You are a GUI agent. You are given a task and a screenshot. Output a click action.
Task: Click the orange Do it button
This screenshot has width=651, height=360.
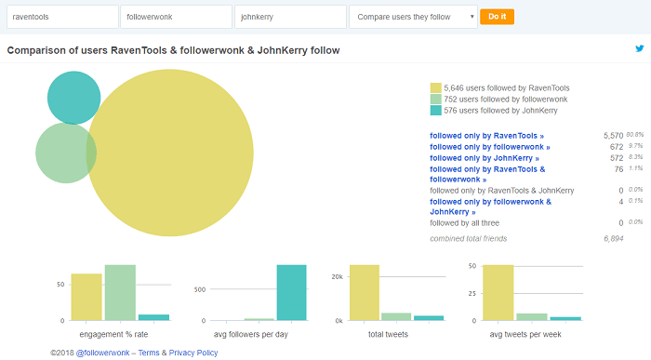tap(497, 17)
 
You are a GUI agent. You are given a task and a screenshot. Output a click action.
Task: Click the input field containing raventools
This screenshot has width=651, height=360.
tap(61, 17)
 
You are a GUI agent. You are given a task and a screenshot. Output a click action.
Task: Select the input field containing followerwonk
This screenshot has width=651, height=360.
tap(176, 17)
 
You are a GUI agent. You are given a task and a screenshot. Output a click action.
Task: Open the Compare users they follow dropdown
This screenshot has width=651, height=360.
tap(413, 17)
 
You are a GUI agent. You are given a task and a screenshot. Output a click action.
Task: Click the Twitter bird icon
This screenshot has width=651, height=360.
tap(639, 48)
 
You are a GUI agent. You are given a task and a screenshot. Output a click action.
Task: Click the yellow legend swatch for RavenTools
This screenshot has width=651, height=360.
tap(435, 87)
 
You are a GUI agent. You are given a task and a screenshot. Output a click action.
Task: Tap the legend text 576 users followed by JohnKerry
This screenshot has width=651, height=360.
tap(500, 111)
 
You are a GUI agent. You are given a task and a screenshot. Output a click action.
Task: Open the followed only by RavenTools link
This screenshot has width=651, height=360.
tap(487, 135)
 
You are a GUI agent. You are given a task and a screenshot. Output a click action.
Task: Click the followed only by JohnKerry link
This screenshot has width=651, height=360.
tap(485, 158)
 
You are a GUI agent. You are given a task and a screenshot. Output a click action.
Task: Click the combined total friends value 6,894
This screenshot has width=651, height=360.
tap(613, 239)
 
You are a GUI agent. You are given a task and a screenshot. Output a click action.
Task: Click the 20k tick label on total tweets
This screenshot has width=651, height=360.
tap(338, 277)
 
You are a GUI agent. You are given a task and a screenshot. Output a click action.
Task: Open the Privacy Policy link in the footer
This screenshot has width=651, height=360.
tap(193, 353)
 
